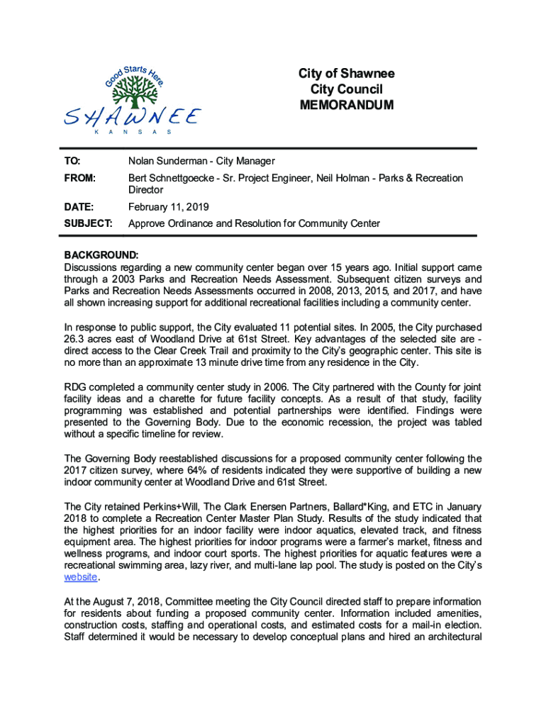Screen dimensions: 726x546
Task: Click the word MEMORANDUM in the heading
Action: (346, 106)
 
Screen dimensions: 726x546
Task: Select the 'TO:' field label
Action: (73, 162)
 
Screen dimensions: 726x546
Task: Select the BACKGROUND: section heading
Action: (101, 255)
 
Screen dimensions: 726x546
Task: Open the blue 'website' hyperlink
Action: (80, 577)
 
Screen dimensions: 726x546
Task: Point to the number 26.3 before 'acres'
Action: (74, 339)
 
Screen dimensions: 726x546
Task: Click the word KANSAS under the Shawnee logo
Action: (134, 133)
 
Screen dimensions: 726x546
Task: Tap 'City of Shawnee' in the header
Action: (346, 74)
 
